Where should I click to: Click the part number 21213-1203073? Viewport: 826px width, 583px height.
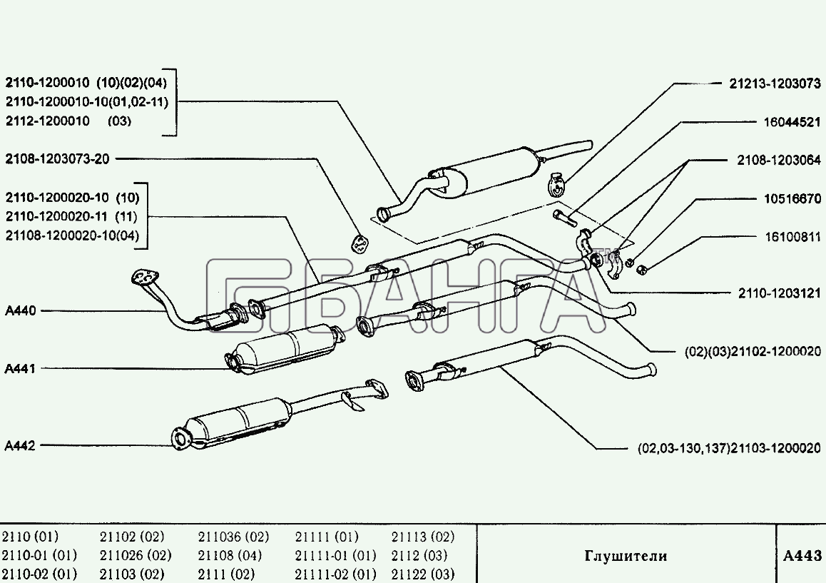click(773, 83)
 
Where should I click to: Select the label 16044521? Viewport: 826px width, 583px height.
click(790, 122)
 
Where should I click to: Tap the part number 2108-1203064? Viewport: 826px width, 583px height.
click(779, 161)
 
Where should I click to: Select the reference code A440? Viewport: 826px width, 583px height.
click(20, 311)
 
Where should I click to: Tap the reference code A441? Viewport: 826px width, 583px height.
click(20, 369)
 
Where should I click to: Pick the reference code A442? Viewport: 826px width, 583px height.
click(20, 446)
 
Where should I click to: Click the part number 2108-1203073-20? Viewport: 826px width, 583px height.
click(58, 158)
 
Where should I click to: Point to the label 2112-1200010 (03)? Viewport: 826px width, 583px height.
click(68, 121)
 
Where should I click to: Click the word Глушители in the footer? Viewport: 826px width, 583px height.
click(626, 556)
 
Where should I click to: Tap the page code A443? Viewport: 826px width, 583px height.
click(802, 556)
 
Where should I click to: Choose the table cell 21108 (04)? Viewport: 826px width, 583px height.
click(230, 555)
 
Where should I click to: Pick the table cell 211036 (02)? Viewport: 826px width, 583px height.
click(233, 537)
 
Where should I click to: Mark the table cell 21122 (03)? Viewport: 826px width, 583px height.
click(423, 574)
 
